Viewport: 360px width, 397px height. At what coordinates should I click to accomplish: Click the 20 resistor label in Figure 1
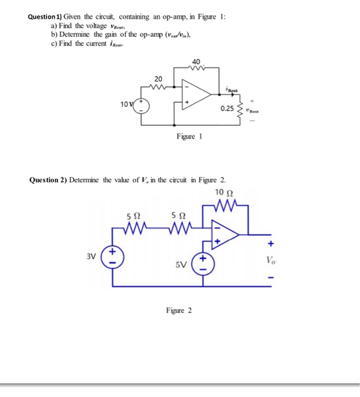pos(158,78)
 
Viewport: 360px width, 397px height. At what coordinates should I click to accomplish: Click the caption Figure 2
pos(179,310)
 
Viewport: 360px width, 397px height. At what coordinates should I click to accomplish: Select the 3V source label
pos(92,255)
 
